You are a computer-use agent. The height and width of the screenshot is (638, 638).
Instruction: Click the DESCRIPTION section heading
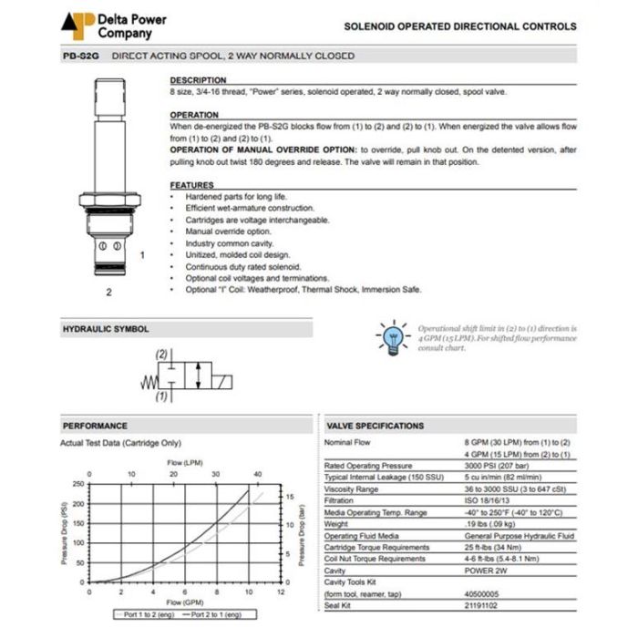point(198,80)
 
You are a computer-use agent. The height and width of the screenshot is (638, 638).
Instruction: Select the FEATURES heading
point(191,185)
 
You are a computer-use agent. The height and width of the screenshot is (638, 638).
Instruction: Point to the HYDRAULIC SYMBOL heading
point(105,329)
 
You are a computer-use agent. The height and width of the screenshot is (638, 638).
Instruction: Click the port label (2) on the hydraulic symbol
point(162,354)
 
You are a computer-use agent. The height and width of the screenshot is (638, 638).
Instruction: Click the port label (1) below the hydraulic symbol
point(162,396)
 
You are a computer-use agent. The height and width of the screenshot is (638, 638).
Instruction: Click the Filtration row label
point(341,500)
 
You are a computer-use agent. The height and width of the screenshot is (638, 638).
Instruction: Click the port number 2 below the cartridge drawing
point(108,293)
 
